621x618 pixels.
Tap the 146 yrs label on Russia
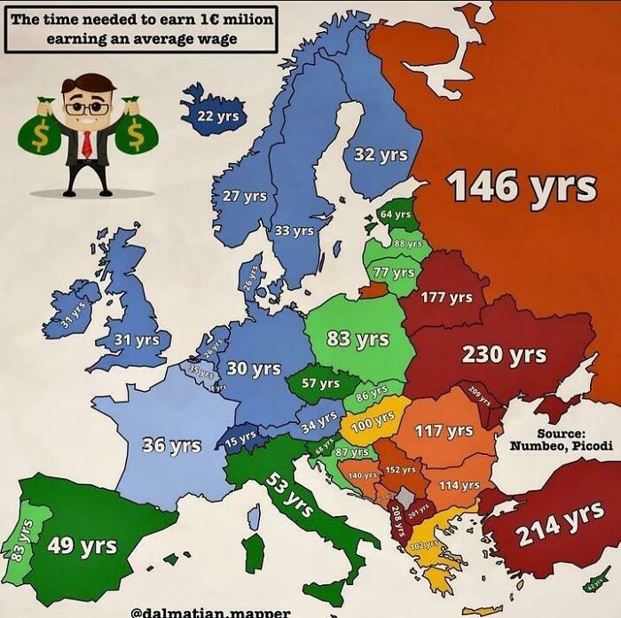click(521, 186)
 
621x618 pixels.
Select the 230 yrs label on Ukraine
click(504, 355)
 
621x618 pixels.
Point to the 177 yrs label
click(446, 297)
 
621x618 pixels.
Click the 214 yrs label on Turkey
click(561, 524)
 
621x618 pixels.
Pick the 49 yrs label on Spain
click(81, 544)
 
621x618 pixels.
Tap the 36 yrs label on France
click(172, 444)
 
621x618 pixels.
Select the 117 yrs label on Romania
click(444, 431)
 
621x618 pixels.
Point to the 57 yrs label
click(320, 383)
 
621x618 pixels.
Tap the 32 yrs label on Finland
click(381, 154)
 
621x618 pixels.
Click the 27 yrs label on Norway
click(243, 196)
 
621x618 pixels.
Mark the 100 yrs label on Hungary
click(373, 421)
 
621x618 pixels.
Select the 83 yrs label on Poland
click(358, 339)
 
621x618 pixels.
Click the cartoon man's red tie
click(87, 143)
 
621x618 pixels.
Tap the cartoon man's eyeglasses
click(87, 107)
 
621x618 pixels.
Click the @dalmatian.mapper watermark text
click(210, 612)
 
